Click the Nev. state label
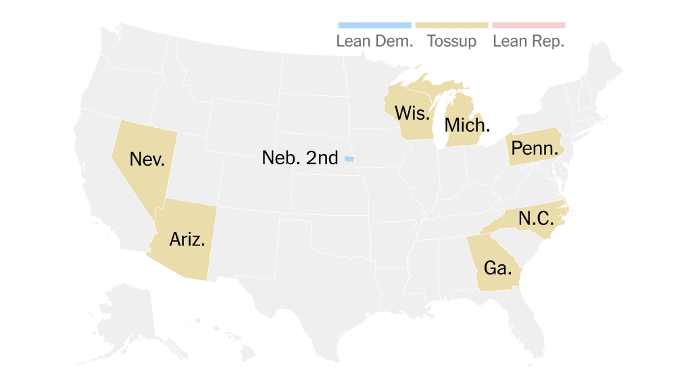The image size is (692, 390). (147, 160)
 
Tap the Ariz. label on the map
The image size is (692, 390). (187, 239)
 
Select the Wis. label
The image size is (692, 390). (412, 113)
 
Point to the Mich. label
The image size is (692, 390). (467, 126)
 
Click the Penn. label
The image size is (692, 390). (535, 148)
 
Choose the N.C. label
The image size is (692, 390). (536, 218)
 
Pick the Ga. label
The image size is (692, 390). (497, 268)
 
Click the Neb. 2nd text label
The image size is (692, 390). (299, 158)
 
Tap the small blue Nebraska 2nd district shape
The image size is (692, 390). (349, 159)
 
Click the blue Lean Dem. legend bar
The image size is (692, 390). (374, 25)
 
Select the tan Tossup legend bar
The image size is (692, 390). (451, 25)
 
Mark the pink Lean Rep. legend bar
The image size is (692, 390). (528, 25)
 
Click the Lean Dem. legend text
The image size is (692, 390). (374, 41)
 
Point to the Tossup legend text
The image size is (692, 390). (451, 41)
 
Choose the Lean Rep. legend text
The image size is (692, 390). (528, 41)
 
